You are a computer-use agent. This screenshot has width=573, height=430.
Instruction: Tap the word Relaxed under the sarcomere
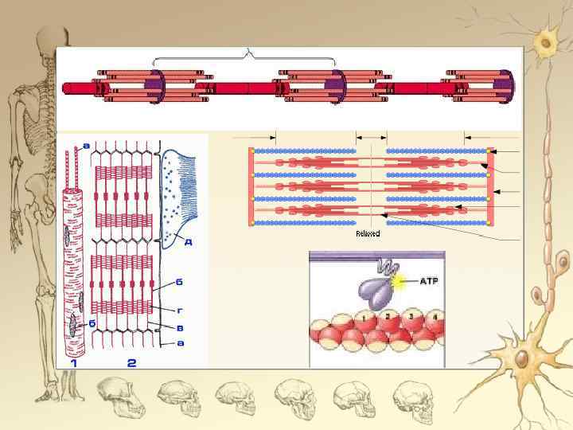point(368,233)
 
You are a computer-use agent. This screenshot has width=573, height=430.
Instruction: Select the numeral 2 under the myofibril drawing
point(132,363)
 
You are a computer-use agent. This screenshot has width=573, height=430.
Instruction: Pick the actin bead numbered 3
point(411,317)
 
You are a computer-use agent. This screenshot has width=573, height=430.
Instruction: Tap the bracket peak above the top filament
point(250,53)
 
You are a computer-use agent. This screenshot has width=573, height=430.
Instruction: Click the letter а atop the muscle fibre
point(86,145)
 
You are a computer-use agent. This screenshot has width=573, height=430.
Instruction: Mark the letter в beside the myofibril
point(181,326)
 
